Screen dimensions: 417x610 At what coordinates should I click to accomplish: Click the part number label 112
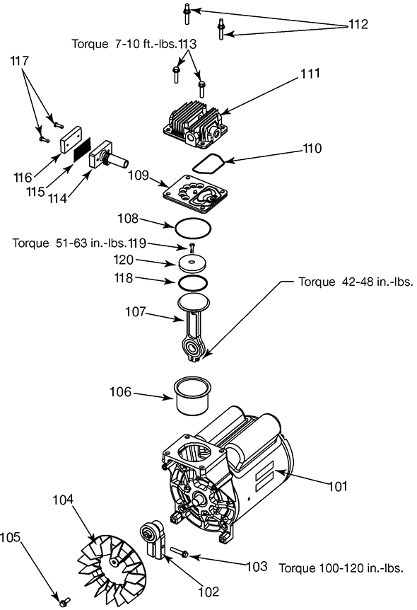tap(358, 24)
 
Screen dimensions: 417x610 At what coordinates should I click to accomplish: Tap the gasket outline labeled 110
tap(208, 163)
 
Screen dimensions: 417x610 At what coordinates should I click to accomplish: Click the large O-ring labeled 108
tap(193, 228)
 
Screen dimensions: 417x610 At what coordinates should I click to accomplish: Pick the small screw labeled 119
tap(192, 247)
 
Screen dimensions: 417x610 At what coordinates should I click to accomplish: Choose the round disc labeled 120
tap(192, 264)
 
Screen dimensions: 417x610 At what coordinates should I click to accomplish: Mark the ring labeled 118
tap(193, 283)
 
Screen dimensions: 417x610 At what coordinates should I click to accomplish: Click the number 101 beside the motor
tap(338, 486)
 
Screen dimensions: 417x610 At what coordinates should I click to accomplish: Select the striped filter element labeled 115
tap(83, 149)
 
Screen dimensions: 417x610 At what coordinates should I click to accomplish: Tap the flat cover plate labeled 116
tap(71, 140)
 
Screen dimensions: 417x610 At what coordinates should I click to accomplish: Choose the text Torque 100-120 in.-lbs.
tap(341, 568)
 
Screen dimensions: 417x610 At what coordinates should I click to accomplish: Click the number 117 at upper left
tap(19, 61)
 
